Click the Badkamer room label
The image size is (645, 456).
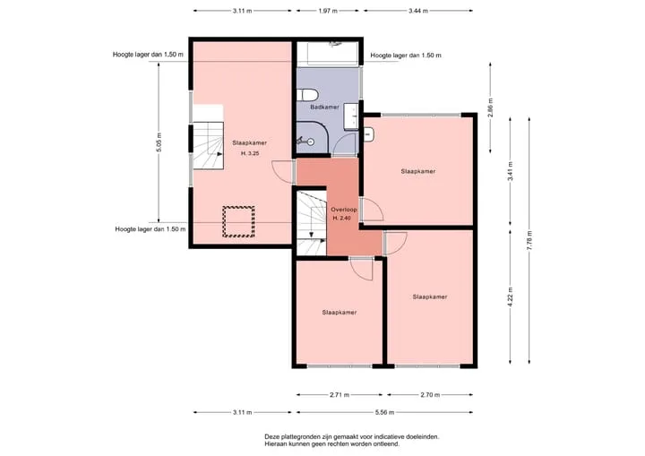pos(324,107)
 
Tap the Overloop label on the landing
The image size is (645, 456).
pos(344,210)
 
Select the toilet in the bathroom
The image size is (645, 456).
pos(307,95)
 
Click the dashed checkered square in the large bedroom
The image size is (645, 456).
pos(238,222)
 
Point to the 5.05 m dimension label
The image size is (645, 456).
pos(159,142)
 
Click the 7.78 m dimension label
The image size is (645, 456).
pos(529,240)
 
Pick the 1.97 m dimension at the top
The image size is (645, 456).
pos(328,11)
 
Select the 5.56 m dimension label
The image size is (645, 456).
pos(384,412)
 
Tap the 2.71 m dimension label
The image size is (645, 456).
pos(340,395)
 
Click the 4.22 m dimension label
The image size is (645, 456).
pos(511,297)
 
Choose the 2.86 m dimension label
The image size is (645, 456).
pos(490,108)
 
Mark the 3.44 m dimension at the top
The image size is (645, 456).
pos(418,11)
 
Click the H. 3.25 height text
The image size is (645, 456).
pos(250,153)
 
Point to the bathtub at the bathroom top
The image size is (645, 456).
pos(328,53)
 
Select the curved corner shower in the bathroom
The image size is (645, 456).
pos(313,139)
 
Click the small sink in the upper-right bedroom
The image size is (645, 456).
pos(368,134)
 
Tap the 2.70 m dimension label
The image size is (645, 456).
pos(430,395)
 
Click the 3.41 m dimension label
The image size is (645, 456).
pos(511,171)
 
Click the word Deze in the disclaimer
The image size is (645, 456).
pos(272,436)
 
